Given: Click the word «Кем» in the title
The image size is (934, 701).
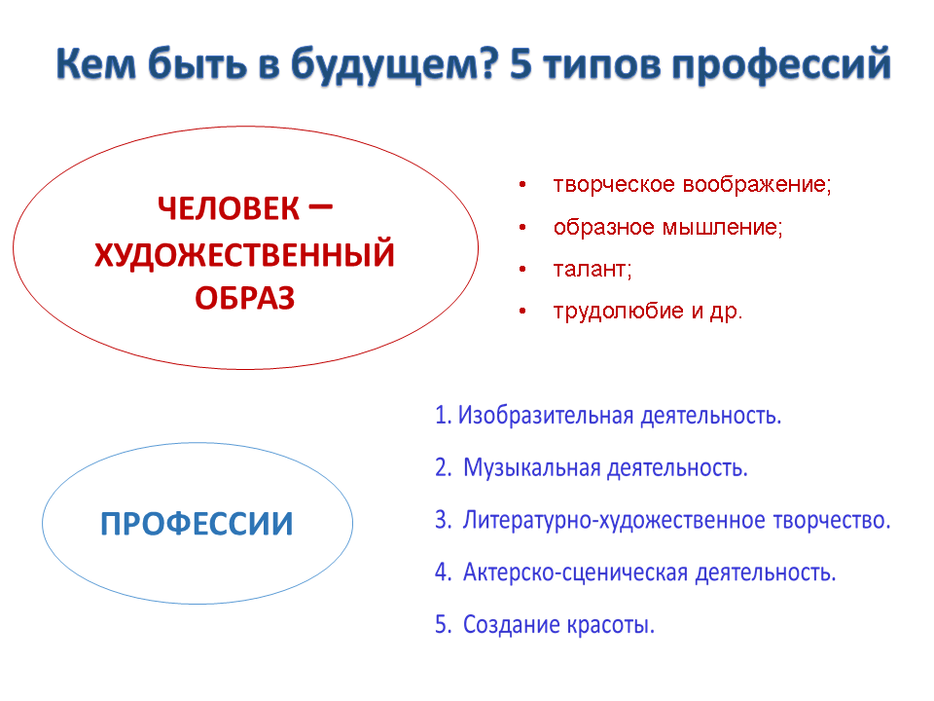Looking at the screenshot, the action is click(x=96, y=63).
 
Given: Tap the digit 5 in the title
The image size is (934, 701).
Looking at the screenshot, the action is click(x=521, y=64).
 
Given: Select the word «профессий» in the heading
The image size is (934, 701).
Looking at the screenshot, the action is click(x=781, y=65).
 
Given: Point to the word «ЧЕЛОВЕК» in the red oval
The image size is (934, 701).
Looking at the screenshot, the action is click(x=228, y=208).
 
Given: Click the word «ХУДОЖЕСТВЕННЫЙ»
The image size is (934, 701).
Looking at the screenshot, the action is click(x=245, y=254).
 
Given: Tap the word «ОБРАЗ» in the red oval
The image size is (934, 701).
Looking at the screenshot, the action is click(x=245, y=298).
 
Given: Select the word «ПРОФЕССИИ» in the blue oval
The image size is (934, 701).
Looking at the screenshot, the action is click(x=197, y=524).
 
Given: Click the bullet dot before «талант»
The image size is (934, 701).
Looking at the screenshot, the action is click(x=522, y=269).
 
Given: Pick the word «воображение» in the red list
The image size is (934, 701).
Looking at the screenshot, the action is click(x=757, y=185).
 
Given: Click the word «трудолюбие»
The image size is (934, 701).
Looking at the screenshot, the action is click(x=619, y=312).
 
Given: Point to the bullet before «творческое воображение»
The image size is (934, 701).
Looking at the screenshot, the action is click(x=522, y=185).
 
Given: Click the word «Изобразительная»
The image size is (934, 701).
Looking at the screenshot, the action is click(x=546, y=415).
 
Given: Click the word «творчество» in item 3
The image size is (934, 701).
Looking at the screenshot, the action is click(x=832, y=520).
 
